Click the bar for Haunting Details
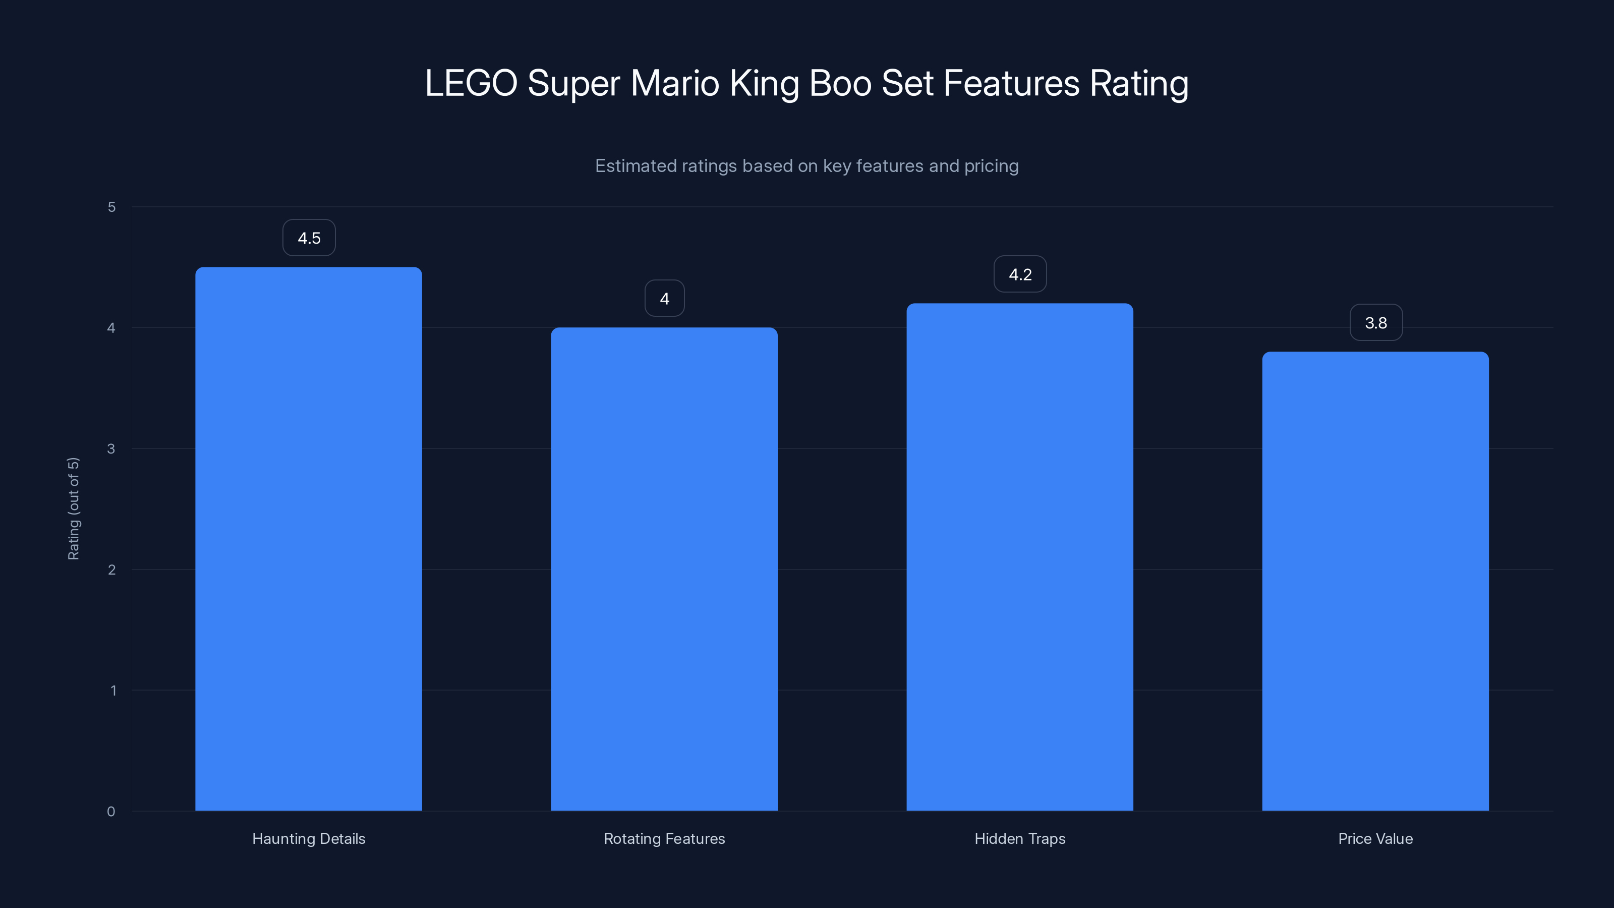[x=308, y=539]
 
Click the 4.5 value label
[x=309, y=238]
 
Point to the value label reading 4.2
[x=1020, y=274]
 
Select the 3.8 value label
[x=1376, y=323]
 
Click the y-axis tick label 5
[x=111, y=207]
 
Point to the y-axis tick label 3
[x=111, y=448]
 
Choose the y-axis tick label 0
[x=111, y=812]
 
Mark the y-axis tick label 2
[x=111, y=570]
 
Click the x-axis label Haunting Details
[x=308, y=838]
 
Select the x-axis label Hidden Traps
[x=1019, y=838]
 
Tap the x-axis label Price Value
[x=1375, y=838]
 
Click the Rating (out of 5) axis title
[x=73, y=508]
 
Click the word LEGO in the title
[x=471, y=83]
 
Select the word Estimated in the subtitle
[x=635, y=166]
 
